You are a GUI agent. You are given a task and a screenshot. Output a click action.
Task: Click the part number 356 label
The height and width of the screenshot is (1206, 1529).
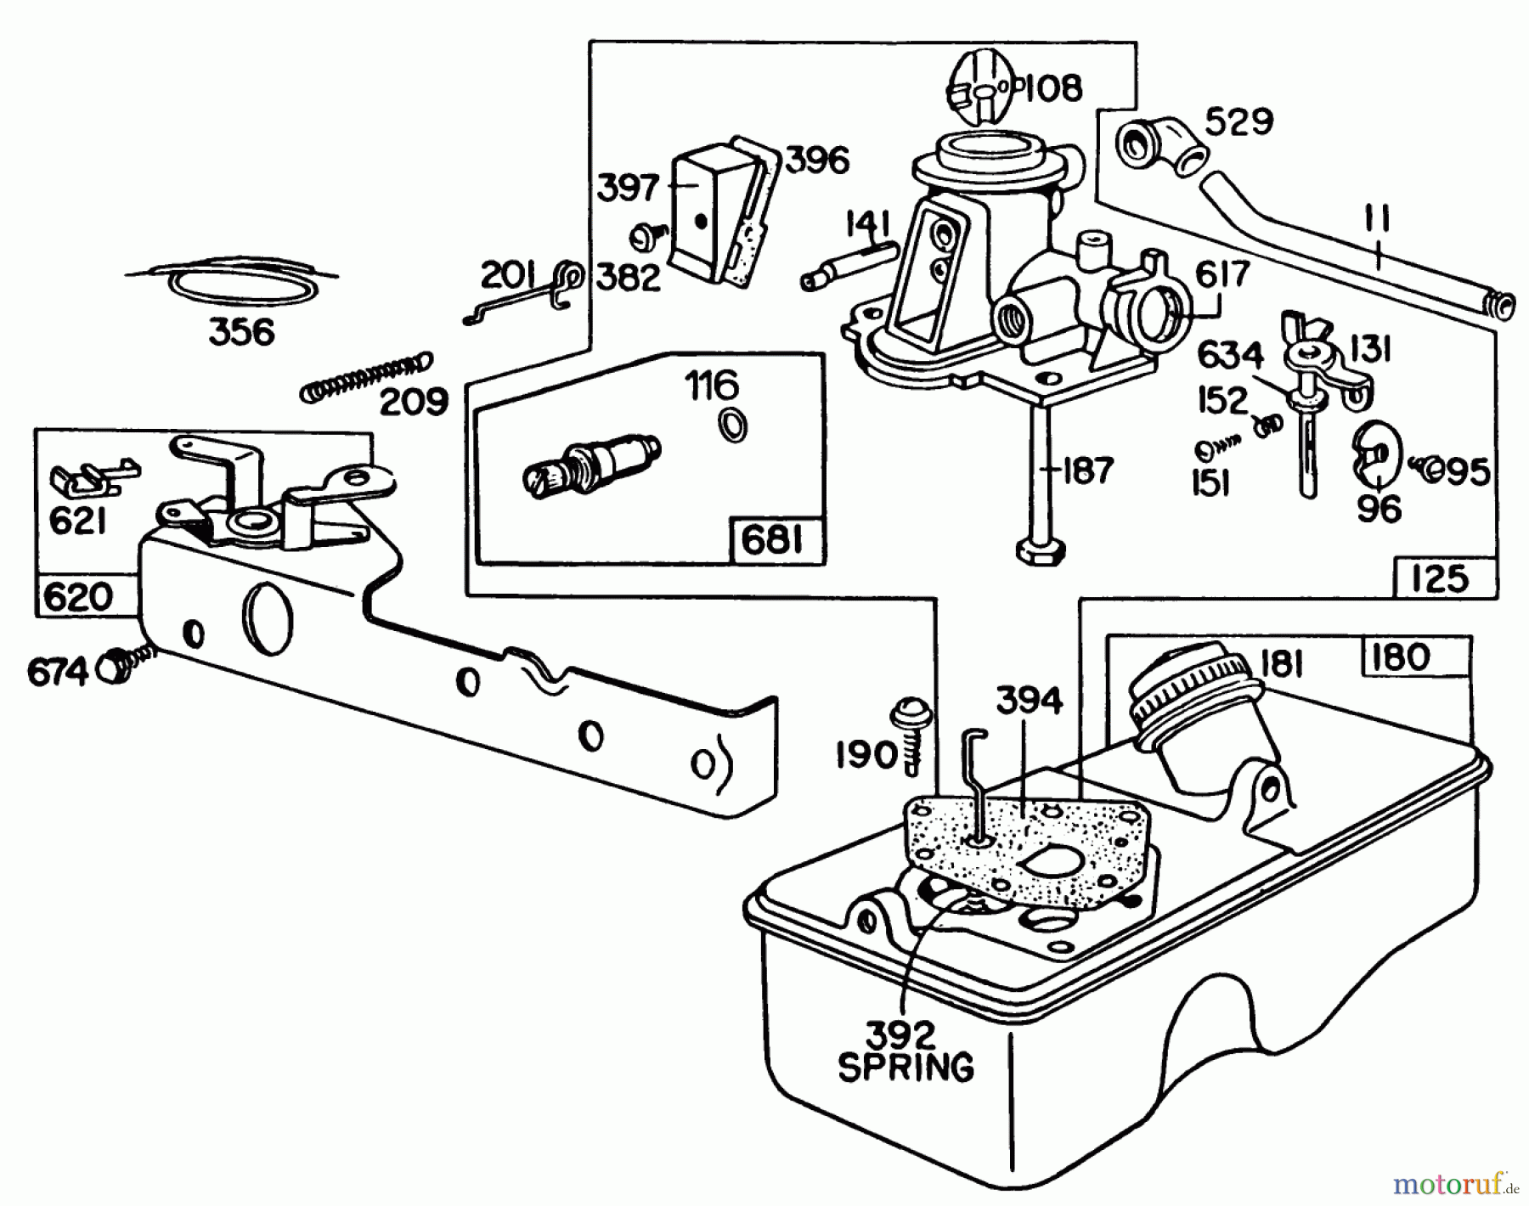pyautogui.click(x=242, y=332)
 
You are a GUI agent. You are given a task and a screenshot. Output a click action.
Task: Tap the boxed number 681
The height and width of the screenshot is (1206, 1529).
pyautogui.click(x=773, y=540)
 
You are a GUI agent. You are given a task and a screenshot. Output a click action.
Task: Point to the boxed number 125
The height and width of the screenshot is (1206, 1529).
pyautogui.click(x=1442, y=578)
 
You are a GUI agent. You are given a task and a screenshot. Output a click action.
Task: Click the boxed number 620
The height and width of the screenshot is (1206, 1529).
pyautogui.click(x=77, y=596)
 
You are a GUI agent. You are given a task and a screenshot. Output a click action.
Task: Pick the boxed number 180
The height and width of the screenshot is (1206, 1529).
pyautogui.click(x=1400, y=657)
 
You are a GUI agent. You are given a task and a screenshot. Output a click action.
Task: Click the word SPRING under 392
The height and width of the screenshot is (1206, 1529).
pyautogui.click(x=906, y=1068)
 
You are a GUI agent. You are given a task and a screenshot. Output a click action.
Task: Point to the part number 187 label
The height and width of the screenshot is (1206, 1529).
pyautogui.click(x=1088, y=470)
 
